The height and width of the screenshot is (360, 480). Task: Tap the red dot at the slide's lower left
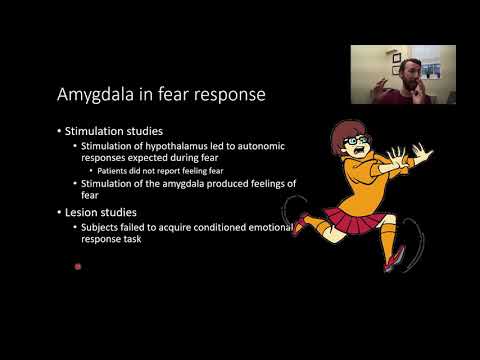(x=77, y=266)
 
